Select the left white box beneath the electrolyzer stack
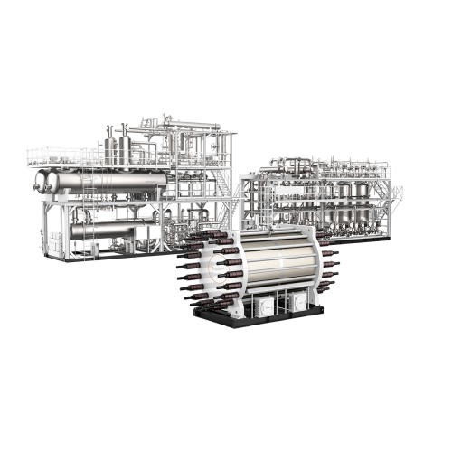click(265, 307)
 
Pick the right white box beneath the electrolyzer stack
click(297, 305)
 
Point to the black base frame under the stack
click(262, 322)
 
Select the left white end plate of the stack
click(217, 271)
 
